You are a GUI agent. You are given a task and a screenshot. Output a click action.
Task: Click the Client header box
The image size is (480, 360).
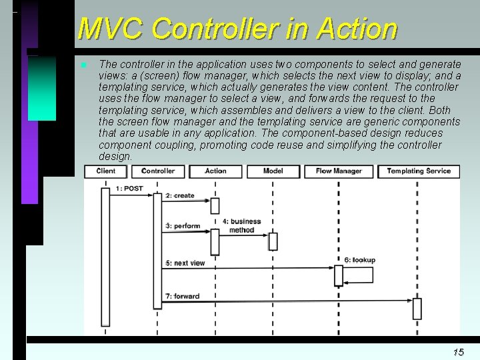tap(105, 171)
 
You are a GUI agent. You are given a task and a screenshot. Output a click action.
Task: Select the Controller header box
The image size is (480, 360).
tap(158, 171)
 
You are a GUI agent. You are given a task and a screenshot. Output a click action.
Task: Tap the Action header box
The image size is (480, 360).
tap(215, 171)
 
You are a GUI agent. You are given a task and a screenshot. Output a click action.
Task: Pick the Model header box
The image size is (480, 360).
tap(273, 171)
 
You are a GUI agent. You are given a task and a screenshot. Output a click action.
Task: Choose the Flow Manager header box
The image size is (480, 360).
tap(339, 171)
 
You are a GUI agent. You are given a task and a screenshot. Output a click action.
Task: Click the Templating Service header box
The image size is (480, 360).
tap(419, 171)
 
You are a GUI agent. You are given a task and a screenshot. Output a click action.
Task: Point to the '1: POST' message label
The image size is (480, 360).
tap(129, 189)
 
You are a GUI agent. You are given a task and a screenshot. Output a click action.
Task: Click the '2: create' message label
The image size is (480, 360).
tap(180, 195)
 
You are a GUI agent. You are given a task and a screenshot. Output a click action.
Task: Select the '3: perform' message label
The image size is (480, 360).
tap(183, 226)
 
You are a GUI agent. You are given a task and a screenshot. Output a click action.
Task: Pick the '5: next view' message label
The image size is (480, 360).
tap(185, 263)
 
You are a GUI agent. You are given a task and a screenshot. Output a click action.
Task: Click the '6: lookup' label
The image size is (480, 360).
tap(360, 260)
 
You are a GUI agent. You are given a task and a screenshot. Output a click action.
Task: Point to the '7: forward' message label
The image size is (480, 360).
tap(182, 296)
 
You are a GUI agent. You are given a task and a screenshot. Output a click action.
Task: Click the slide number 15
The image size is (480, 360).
tap(458, 351)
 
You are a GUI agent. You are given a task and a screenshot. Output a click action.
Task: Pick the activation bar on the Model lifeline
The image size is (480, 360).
tap(273, 241)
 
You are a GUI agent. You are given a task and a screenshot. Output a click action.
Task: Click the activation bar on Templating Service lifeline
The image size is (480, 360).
tap(417, 309)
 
